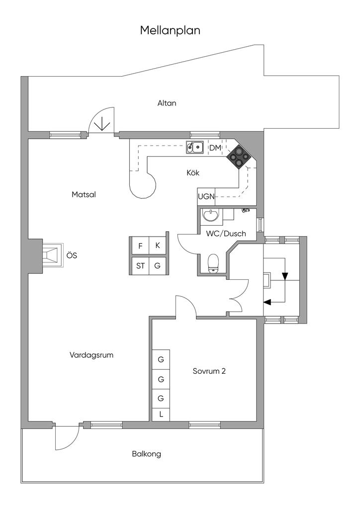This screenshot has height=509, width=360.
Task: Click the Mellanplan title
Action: pos(170,30)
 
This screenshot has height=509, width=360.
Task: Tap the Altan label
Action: pos(167,103)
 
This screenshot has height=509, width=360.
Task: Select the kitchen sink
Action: pos(194,147)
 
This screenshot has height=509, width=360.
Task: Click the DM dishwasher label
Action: pos(215,148)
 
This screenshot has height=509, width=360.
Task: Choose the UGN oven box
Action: pos(206,196)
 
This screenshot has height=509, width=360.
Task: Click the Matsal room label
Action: pos(84,195)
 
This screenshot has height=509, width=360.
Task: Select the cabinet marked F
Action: pos(140,246)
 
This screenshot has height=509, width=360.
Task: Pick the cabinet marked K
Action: pos(158,246)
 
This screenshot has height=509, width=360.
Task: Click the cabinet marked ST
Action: pos(140,266)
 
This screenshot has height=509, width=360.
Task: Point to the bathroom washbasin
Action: pos(211,215)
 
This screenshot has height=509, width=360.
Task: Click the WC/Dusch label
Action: pos(226,234)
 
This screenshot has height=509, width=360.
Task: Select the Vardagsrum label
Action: pos(91,355)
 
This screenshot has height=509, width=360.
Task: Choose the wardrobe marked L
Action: pos(161,414)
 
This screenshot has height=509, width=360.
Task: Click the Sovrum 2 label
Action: pos(209,371)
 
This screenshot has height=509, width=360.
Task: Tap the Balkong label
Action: pos(146,454)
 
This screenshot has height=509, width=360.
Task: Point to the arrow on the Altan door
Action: pos(102,124)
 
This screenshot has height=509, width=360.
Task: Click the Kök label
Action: pos(193,172)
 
